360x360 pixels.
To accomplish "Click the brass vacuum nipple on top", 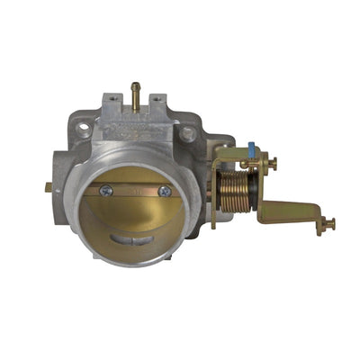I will [136, 91].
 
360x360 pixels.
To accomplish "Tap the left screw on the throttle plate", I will [105, 190].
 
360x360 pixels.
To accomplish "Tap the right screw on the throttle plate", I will [165, 191].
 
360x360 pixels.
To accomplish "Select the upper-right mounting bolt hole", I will [187, 133].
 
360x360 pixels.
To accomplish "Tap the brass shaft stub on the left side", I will [49, 187].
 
